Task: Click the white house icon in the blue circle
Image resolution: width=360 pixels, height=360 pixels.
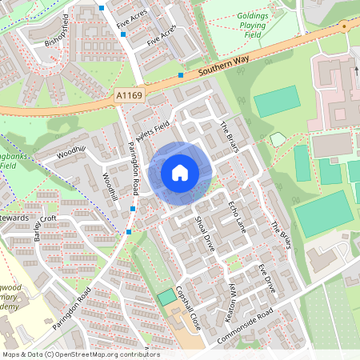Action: pos(180,172)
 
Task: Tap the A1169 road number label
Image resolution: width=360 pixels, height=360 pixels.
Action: pos(129,96)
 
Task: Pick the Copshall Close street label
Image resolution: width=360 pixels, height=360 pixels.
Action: pos(186,302)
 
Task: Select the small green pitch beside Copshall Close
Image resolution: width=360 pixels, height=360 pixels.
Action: pos(166,297)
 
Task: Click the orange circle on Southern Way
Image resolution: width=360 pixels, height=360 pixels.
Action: pos(345,26)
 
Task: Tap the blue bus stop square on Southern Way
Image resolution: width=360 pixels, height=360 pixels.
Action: pos(182,75)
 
